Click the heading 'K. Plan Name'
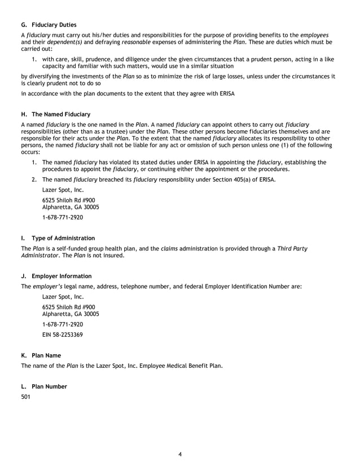pyautogui.click(x=41, y=355)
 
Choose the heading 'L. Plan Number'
pyautogui.click(x=44, y=386)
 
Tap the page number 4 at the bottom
pyautogui.click(x=179, y=454)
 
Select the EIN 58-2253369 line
pyautogui.click(x=63, y=335)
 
